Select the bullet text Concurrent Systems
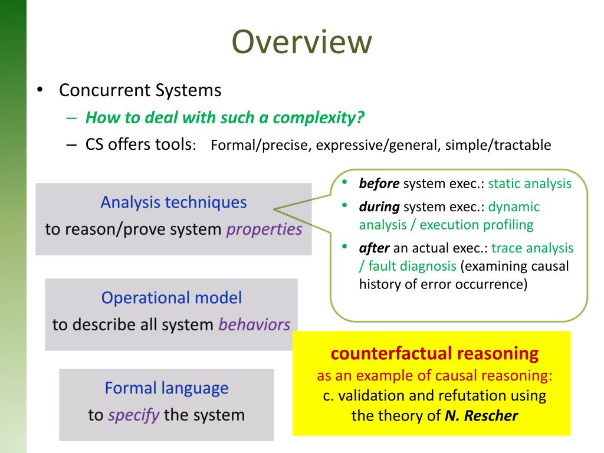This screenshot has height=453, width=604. pyautogui.click(x=140, y=90)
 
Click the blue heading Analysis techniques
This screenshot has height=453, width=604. pyautogui.click(x=173, y=202)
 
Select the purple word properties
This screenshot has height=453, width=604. pyautogui.click(x=264, y=229)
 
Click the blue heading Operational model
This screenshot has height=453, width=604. pyautogui.click(x=172, y=297)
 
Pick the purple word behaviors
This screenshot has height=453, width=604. pyautogui.click(x=254, y=324)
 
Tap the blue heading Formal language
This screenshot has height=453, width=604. pyautogui.click(x=166, y=388)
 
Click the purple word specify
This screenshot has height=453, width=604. pyautogui.click(x=133, y=415)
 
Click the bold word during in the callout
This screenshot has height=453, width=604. pyautogui.click(x=379, y=207)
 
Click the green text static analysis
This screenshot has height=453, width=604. pyautogui.click(x=530, y=183)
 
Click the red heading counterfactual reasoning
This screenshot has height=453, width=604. pyautogui.click(x=435, y=353)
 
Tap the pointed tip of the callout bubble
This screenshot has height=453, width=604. pyautogui.click(x=275, y=208)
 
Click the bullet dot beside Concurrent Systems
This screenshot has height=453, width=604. pyautogui.click(x=39, y=90)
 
